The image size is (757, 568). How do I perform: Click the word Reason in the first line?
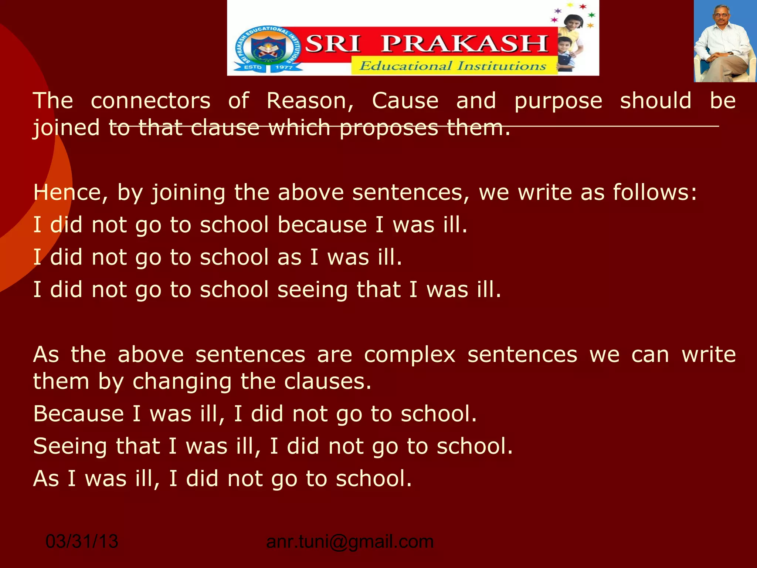(x=310, y=101)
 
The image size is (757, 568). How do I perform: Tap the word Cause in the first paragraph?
(x=405, y=101)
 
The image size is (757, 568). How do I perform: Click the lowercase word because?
(x=322, y=224)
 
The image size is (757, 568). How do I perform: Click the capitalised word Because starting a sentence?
(x=78, y=413)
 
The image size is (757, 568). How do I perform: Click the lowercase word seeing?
(x=312, y=290)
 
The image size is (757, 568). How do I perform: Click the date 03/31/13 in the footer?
(x=82, y=541)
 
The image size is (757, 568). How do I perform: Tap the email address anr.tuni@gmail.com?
(x=350, y=541)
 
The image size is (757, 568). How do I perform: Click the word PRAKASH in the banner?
(x=464, y=44)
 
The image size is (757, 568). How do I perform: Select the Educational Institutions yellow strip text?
(x=453, y=66)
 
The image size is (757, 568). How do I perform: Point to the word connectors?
(x=150, y=101)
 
